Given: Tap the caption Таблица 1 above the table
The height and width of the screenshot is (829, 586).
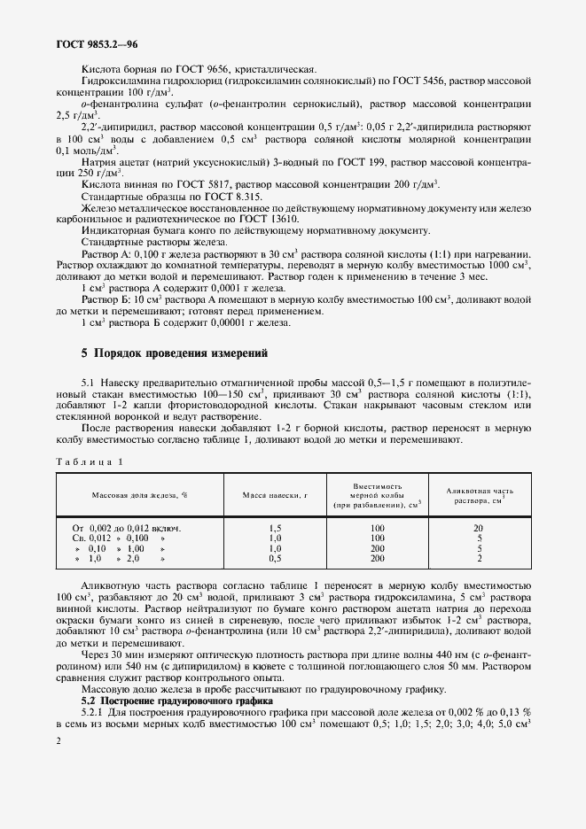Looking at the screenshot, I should pos(90,461).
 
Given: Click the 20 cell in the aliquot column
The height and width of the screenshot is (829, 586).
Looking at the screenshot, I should pos(480,527).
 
